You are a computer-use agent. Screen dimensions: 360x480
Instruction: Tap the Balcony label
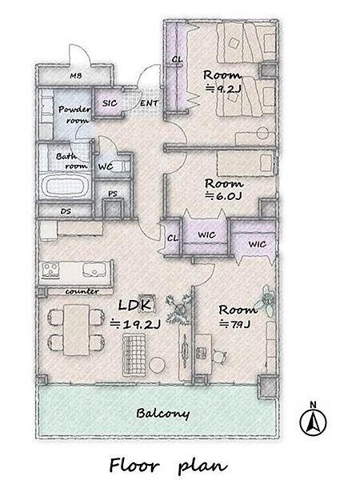pos(162,414)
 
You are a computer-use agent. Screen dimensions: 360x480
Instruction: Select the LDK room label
pos(134,306)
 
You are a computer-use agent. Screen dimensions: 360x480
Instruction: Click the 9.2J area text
pos(223,89)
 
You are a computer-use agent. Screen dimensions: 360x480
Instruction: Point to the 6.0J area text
pos(223,196)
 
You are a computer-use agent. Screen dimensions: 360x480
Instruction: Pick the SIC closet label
pos(110,103)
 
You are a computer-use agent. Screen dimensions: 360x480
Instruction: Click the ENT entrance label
pos(149,103)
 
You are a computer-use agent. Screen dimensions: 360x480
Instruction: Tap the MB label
pos(76,76)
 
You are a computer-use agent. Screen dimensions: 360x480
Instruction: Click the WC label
pos(106,167)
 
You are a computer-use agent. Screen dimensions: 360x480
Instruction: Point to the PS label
pos(113,194)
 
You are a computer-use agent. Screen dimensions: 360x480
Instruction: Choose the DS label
pos(66,211)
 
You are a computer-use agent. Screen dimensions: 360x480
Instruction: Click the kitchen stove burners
pos(50,270)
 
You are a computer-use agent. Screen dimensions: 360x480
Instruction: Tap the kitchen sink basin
pos(94,269)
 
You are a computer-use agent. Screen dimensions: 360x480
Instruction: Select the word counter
pos(82,291)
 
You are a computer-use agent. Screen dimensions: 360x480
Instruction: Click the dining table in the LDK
pos(77,330)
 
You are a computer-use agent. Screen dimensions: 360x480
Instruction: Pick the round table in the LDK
pos(158,366)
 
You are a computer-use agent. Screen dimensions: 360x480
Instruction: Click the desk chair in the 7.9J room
pos(220,356)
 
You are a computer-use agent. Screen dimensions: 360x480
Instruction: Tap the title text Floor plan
pos(168,466)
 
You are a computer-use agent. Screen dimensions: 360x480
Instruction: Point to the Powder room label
pos(74,114)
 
